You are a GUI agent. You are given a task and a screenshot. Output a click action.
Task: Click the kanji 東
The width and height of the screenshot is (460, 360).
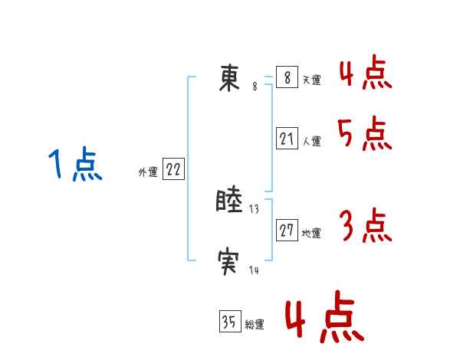pos(229,78)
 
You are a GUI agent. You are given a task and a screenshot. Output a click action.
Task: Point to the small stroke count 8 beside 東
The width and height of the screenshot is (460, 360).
pos(255,87)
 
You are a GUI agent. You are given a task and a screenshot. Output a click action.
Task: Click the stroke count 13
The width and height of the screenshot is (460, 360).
pos(255,209)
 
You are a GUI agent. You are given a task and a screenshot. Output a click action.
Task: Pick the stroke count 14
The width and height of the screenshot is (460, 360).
pos(254,270)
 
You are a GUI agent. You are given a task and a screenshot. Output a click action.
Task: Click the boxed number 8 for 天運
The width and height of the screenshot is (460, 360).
pos(287,78)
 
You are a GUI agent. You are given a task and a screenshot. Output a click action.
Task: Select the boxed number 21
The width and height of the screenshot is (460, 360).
pos(287,139)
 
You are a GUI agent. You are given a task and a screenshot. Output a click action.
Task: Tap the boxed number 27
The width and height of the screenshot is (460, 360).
pos(287,231)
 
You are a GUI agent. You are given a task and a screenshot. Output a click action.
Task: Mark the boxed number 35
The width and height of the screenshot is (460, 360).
pos(229,322)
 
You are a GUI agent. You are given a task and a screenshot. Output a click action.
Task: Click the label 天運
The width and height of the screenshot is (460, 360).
pos(311,80)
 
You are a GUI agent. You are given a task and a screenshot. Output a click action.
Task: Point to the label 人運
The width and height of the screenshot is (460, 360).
pos(311,141)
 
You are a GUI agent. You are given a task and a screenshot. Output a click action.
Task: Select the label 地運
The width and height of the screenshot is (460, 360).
pos(311,234)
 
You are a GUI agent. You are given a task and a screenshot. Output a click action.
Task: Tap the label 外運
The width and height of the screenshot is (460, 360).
pos(148,173)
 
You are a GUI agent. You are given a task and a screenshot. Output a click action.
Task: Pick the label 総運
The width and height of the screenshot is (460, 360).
pos(255,325)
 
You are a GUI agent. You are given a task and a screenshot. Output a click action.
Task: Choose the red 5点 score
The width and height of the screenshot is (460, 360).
pos(365,135)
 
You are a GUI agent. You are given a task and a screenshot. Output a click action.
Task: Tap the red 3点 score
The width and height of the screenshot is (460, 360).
pos(365,227)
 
